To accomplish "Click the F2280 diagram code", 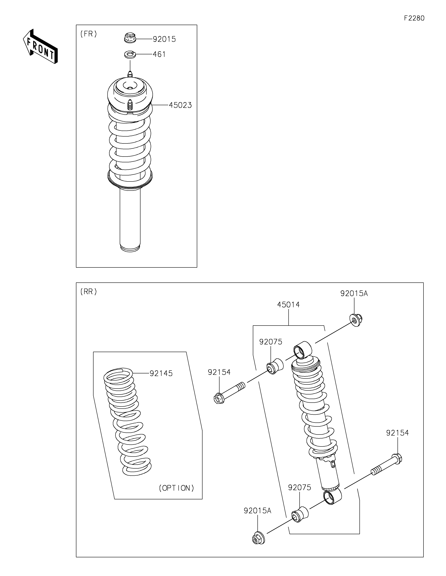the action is [414, 18].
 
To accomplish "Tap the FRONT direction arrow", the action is [40, 46].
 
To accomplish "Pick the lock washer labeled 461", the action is [130, 55].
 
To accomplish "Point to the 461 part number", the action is [159, 54].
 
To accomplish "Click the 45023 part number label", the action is [180, 105].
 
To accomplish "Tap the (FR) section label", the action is [89, 34].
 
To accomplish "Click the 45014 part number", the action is [289, 305].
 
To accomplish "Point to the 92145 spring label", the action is [161, 373].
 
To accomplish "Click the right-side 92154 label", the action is [397, 433].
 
